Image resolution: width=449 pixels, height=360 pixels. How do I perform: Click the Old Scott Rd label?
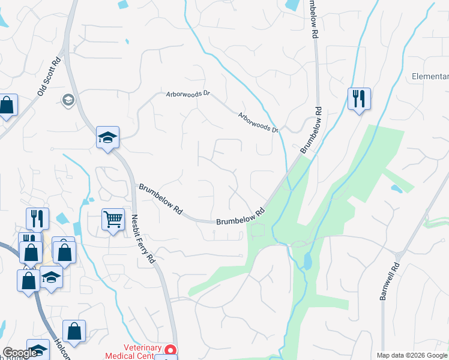[49, 76]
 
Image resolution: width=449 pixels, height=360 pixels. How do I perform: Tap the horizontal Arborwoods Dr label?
[188, 94]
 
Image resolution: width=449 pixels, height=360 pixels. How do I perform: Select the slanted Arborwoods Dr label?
[259, 122]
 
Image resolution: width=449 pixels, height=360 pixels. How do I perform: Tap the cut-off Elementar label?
[430, 76]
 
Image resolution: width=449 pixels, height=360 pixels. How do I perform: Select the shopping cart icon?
[113, 219]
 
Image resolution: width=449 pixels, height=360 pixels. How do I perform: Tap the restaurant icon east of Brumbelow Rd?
[359, 98]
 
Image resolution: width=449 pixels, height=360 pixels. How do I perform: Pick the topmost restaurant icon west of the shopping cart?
[37, 218]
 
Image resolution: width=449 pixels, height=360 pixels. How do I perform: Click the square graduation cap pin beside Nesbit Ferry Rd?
[108, 137]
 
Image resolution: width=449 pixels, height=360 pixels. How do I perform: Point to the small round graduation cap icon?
[68, 99]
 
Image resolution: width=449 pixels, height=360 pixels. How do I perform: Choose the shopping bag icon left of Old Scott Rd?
[7, 106]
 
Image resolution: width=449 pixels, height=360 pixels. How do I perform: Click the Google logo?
[19, 353]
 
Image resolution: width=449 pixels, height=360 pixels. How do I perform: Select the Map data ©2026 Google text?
[412, 355]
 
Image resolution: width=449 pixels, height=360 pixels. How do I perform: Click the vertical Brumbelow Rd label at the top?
[312, 19]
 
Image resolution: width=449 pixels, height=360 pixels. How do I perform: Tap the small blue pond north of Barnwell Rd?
[396, 188]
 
